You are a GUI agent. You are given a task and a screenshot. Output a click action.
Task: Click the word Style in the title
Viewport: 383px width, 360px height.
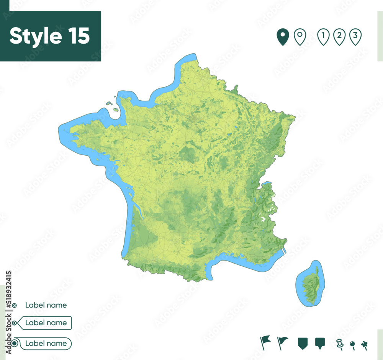[34, 36]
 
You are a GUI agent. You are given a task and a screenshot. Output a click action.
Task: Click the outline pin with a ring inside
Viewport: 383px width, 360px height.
[300, 37]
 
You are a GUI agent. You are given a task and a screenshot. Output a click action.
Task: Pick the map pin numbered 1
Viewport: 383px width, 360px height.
[324, 37]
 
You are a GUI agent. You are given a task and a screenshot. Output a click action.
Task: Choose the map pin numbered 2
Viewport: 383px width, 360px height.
[339, 37]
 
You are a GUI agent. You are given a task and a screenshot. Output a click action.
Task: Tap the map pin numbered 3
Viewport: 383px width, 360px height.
[355, 37]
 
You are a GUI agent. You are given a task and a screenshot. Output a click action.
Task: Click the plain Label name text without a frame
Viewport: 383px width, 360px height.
[46, 305]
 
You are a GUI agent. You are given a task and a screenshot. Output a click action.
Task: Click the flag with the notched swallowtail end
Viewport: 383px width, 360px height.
[265, 342]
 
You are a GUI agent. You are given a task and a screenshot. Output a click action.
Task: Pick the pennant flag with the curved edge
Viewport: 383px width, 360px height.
[282, 342]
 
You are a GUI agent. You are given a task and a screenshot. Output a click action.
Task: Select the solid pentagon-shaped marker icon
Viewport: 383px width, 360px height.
[303, 343]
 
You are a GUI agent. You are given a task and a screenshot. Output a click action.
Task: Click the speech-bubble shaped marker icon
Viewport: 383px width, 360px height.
[319, 343]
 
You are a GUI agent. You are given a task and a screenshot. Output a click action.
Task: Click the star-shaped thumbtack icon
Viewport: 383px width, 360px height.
[364, 344]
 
